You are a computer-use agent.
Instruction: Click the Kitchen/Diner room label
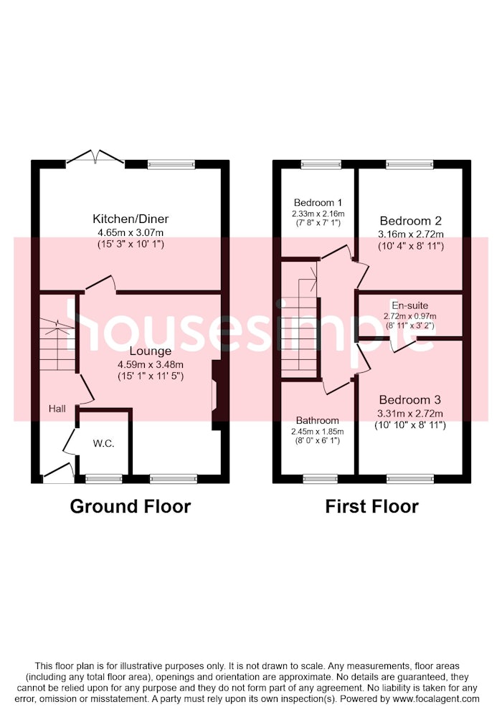tap(131, 219)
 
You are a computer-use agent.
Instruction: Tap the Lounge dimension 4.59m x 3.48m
tap(151, 365)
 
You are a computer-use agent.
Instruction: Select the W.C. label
tap(103, 444)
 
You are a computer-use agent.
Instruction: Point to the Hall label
tap(57, 409)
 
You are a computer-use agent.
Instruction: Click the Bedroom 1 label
tap(318, 203)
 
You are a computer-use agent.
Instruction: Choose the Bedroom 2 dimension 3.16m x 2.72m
tap(410, 234)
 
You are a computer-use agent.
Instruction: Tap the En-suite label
tap(409, 305)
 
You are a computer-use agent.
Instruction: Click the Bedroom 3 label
tap(409, 400)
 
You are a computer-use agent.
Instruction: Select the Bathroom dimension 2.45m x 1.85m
tap(317, 431)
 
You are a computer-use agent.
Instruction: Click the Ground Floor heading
tap(131, 506)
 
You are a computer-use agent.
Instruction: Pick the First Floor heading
tap(371, 506)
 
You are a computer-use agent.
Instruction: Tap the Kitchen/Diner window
tap(171, 164)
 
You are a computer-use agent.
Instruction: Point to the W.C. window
tap(104, 479)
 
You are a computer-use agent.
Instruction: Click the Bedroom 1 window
tap(321, 164)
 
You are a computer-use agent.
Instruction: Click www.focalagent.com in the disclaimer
tap(436, 698)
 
